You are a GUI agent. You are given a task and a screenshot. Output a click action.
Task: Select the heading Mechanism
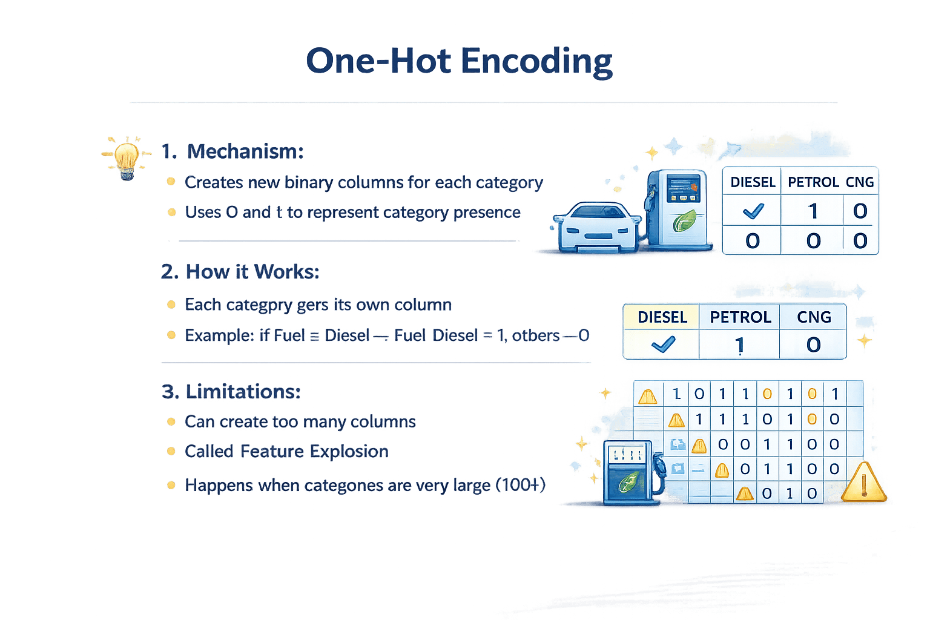(244, 151)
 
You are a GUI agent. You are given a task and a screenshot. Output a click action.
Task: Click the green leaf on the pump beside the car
(685, 220)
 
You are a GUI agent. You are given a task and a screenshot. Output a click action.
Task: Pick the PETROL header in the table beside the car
(813, 182)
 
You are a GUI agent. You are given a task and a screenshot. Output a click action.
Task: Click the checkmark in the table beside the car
(753, 211)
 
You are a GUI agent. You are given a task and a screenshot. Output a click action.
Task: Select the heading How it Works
(251, 272)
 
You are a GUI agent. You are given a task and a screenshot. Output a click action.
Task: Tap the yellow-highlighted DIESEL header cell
(662, 317)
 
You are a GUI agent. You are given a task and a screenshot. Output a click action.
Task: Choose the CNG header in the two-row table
(814, 317)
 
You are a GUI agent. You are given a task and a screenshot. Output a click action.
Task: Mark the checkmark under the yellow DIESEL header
(662, 345)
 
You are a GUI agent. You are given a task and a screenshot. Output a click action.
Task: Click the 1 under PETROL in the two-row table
(739, 345)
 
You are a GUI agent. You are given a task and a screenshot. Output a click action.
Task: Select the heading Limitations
(242, 392)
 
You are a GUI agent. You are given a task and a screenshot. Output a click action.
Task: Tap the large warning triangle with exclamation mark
(864, 483)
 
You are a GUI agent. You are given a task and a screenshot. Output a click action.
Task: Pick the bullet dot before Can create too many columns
(171, 421)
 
